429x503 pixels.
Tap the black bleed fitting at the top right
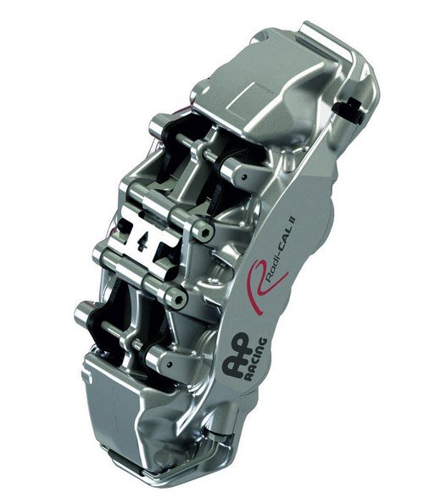(x=348, y=109)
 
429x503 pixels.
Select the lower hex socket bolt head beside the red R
(x=179, y=299)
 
